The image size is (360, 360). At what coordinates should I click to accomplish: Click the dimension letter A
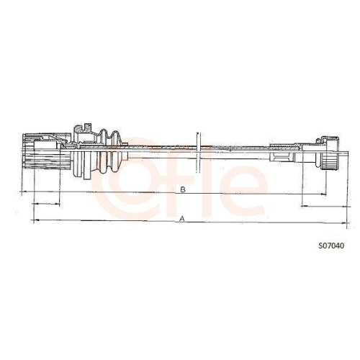pos(182,217)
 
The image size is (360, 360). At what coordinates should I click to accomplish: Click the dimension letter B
pos(183,189)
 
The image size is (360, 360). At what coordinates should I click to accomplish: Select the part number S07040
pos(330,246)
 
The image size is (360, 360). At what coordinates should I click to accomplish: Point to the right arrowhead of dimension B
pos(317,192)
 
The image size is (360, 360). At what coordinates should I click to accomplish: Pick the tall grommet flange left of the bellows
pos(79,152)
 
